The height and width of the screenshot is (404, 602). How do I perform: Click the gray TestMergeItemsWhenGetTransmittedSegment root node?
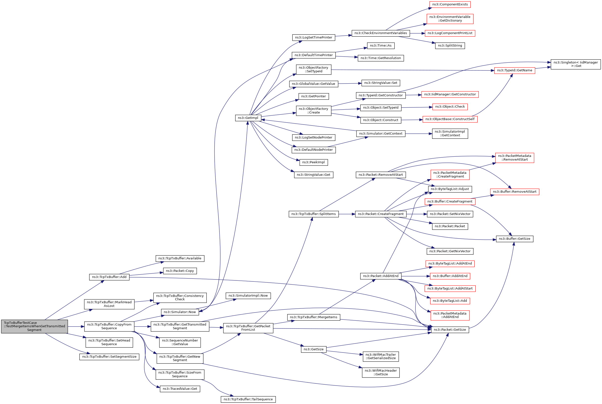34,326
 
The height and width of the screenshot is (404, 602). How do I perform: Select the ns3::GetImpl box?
248,118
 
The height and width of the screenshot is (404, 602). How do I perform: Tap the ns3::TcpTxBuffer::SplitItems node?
313,214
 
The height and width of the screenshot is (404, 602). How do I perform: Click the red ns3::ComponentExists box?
450,4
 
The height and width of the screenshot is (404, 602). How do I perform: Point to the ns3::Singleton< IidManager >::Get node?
575,64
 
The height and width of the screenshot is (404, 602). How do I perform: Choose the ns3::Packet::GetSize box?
450,329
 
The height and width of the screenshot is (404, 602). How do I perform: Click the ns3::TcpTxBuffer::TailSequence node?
248,399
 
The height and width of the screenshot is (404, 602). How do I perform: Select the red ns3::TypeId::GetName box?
514,70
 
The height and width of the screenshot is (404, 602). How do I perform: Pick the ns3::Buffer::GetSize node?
514,239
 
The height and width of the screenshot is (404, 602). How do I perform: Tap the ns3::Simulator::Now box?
180,312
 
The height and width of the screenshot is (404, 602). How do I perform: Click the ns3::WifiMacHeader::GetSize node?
381,372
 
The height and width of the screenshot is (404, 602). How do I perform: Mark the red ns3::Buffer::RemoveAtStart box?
514,191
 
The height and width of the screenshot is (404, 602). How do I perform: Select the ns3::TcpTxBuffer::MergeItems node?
313,317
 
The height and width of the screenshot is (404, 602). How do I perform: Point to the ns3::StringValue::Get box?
313,175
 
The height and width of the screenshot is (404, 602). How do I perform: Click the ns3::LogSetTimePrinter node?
313,37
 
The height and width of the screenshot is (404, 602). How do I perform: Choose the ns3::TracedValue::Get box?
180,389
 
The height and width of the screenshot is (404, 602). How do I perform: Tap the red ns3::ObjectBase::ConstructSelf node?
450,119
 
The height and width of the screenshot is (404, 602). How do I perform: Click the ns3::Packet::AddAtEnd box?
381,276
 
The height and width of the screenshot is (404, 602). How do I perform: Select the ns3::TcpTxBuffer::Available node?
180,258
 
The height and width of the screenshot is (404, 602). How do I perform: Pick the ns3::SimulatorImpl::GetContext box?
450,133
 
